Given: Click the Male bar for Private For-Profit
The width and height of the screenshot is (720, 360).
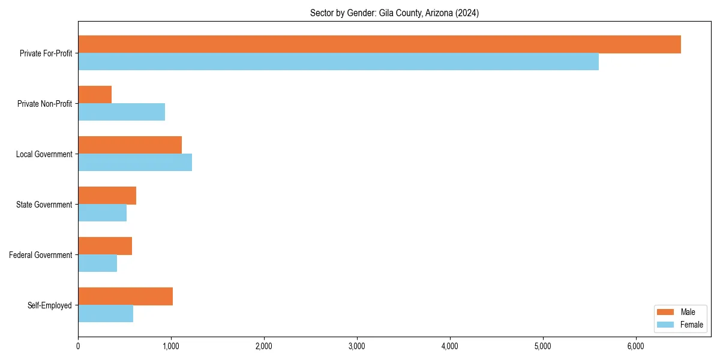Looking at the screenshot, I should tap(379, 44).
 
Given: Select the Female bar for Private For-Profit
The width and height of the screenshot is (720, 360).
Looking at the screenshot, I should tap(338, 62).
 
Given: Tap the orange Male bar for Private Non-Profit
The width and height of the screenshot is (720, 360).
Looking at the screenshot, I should tap(95, 95).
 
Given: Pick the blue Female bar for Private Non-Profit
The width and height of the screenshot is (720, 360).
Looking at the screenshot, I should tap(121, 112).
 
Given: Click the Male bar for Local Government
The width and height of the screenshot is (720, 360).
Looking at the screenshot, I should tap(130, 145).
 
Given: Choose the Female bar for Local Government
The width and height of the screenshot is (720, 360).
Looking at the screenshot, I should tap(135, 163).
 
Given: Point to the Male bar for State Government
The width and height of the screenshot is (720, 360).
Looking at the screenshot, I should tap(107, 196).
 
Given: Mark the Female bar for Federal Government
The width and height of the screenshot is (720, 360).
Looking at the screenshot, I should tap(97, 263).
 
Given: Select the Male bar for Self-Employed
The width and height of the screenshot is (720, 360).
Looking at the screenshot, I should tap(125, 296).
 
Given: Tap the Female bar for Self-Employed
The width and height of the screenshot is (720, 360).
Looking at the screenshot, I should tap(106, 314).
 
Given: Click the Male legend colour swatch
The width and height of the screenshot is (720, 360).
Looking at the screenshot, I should tap(666, 312).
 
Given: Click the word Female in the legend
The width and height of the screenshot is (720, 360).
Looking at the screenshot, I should tap(692, 325).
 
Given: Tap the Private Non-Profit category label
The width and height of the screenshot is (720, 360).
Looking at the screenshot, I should tap(44, 104).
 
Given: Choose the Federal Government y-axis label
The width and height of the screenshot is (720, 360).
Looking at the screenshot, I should tap(41, 255).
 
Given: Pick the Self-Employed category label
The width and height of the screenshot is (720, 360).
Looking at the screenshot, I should tap(50, 305).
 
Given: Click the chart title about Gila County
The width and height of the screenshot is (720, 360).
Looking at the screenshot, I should tap(394, 13).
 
